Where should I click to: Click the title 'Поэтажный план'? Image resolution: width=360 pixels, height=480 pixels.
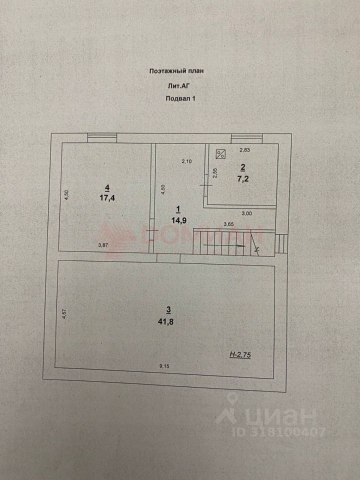(176, 71)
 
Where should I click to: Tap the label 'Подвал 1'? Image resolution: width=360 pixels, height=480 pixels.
(180, 99)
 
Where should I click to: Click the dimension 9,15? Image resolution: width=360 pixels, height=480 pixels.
(164, 366)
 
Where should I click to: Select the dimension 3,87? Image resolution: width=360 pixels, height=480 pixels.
(103, 244)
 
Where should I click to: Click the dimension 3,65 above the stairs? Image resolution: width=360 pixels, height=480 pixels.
(228, 224)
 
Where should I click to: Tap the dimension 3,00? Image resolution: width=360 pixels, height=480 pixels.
(247, 213)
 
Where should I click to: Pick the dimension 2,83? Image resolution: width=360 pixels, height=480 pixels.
(244, 149)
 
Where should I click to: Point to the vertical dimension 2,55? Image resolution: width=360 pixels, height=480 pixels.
(215, 172)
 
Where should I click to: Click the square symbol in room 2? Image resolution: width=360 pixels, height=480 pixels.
(220, 154)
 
